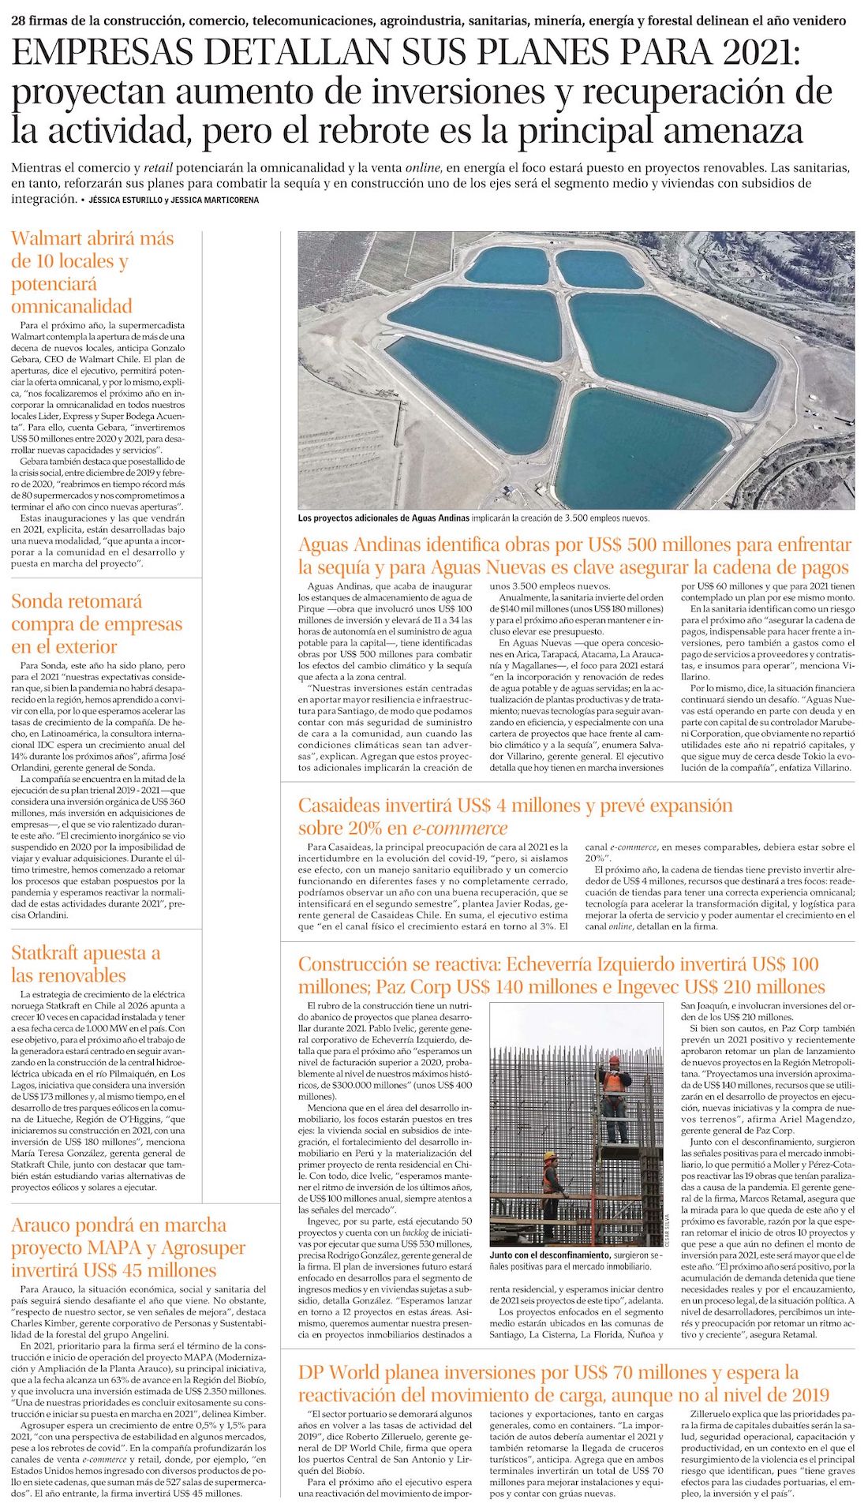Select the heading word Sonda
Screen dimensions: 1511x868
click(x=37, y=601)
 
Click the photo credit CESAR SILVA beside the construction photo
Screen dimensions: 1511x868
click(x=668, y=1230)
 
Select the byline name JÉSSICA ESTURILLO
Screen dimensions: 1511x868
click(x=124, y=200)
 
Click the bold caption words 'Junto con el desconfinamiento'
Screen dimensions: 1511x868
click(x=549, y=1255)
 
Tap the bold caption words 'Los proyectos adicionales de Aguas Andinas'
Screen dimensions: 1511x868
click(x=383, y=518)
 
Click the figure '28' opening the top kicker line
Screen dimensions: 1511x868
click(x=19, y=21)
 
